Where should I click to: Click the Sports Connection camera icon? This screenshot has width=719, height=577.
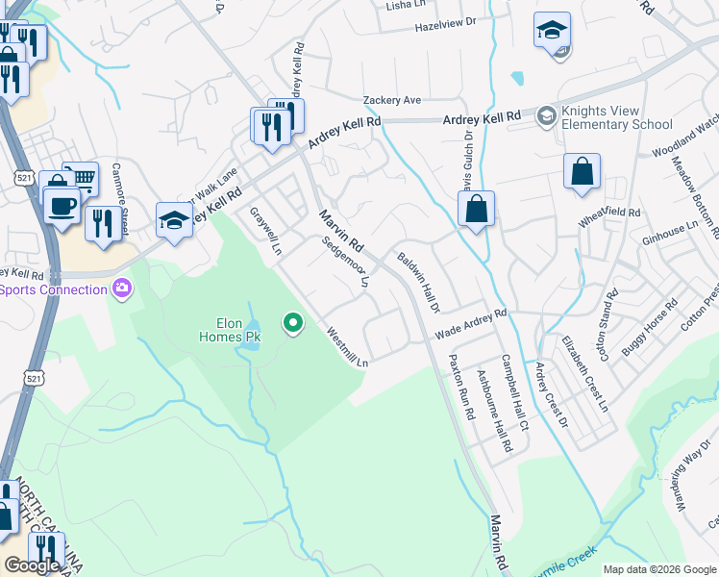pos(122,287)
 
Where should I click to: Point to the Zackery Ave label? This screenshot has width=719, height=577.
pos(392,100)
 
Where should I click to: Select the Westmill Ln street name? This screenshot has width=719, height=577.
pos(348,348)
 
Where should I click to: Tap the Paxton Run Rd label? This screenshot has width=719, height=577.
pos(462,385)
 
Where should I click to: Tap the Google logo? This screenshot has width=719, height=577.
pos(33,565)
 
